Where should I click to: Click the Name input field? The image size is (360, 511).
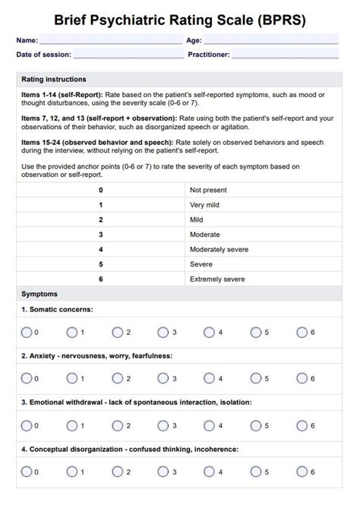pyautogui.click(x=110, y=39)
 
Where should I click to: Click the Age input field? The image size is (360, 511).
pyautogui.click(x=271, y=39)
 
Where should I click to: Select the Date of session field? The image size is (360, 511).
pyautogui.click(x=128, y=55)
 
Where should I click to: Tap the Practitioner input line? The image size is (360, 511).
pyautogui.click(x=285, y=55)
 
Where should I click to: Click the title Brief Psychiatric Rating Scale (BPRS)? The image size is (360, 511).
pyautogui.click(x=180, y=19)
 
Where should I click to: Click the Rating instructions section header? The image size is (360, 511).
pyautogui.click(x=54, y=79)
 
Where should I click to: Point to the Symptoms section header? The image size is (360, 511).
pyautogui.click(x=39, y=294)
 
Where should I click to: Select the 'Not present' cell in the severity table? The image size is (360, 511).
pyautogui.click(x=208, y=190)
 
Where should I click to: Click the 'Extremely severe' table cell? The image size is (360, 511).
pyautogui.click(x=217, y=279)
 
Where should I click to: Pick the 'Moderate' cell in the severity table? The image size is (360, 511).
pyautogui.click(x=205, y=235)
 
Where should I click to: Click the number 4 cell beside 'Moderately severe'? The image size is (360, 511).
pyautogui.click(x=100, y=249)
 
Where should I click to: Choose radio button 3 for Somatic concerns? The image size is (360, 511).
pyautogui.click(x=163, y=332)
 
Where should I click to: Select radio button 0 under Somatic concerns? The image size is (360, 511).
pyautogui.click(x=26, y=332)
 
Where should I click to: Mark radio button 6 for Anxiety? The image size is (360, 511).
pyautogui.click(x=302, y=378)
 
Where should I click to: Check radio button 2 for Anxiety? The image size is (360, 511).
pyautogui.click(x=117, y=378)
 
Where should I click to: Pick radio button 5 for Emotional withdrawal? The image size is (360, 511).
pyautogui.click(x=255, y=425)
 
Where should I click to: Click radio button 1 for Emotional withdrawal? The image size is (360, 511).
pyautogui.click(x=71, y=425)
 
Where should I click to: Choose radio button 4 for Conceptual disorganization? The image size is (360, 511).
pyautogui.click(x=209, y=472)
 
